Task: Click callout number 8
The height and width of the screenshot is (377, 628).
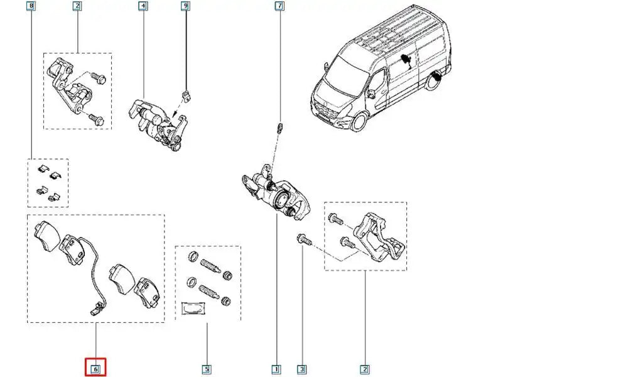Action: pos(32,7)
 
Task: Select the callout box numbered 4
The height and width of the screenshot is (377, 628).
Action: pos(143,7)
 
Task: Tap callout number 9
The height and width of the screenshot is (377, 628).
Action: pos(185,7)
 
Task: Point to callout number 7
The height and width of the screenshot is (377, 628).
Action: pos(279,7)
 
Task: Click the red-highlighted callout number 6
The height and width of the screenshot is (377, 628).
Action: pos(95,368)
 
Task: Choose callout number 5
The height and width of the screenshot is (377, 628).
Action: pos(206,368)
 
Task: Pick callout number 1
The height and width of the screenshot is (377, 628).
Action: pos(276,368)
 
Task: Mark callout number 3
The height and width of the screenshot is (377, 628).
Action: pos(302,368)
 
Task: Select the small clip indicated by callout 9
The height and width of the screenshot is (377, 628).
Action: pos(185,96)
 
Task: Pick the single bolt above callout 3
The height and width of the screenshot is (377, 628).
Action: pos(302,239)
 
